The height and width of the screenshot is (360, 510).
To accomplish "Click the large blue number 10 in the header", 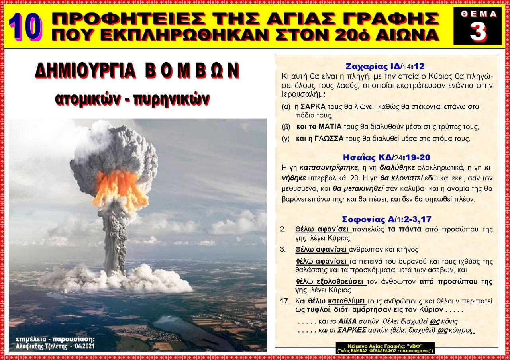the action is pos(25,27).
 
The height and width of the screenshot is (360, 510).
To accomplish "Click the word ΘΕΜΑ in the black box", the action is pos(479,14).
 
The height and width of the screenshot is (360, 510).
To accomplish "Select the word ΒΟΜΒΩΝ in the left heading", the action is pos(192,71).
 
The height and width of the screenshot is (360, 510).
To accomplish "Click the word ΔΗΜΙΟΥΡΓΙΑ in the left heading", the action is pos(86,71).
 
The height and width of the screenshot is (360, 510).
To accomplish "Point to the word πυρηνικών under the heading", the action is pos(171,99).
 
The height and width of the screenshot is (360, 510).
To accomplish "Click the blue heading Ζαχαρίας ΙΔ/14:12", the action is pos(385,66).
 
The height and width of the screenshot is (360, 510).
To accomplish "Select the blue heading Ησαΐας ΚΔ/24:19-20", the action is pos(386,157).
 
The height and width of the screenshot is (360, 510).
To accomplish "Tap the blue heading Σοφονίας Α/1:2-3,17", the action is pos(386,219).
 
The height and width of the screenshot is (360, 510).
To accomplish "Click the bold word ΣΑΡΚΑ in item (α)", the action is pos(313,106).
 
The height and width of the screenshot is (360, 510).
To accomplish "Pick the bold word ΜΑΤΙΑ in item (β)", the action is pos(330,127).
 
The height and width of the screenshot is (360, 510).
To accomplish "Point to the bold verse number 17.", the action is pos(285,301).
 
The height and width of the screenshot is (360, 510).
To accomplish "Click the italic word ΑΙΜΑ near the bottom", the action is pos(347,321).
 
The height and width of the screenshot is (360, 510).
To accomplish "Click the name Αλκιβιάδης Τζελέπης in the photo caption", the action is pos(42,346).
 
